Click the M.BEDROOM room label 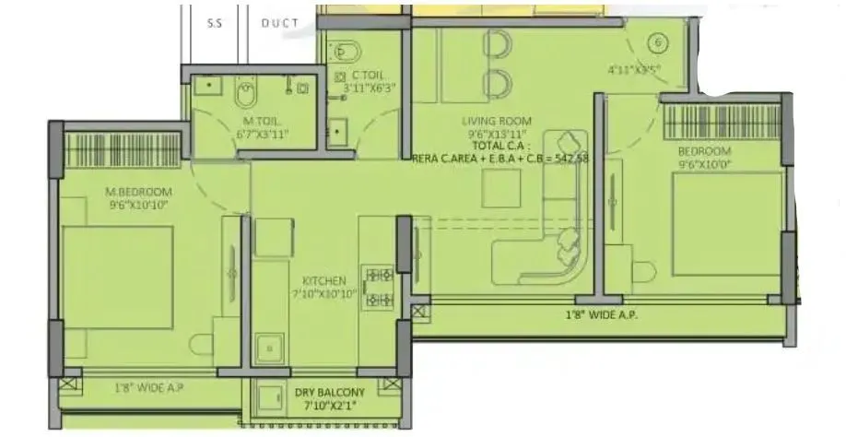(x=139, y=191)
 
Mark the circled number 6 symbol (x=657, y=42)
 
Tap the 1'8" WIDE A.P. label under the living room (x=601, y=315)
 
